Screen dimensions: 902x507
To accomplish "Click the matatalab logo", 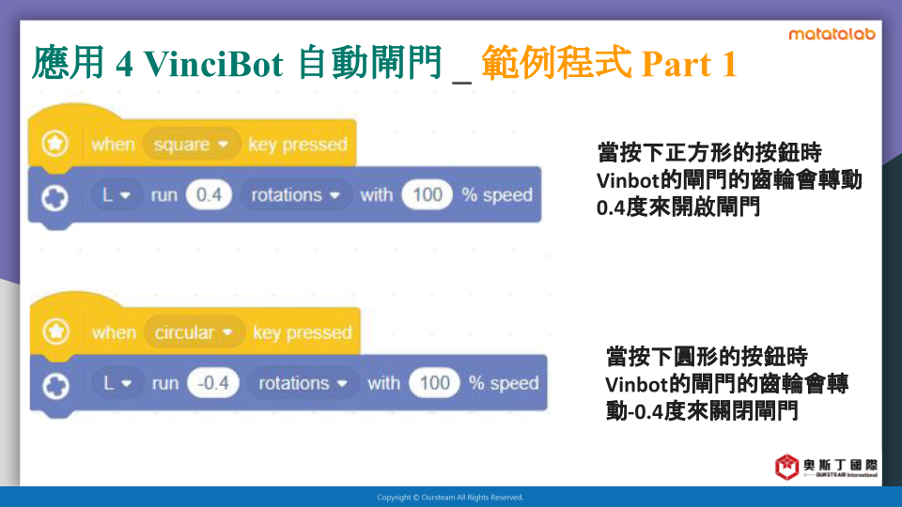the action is coord(832,35).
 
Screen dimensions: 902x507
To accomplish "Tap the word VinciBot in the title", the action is coord(213,63).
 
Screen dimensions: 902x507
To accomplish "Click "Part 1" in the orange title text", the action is coord(689,63).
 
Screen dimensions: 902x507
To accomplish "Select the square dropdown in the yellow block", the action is coord(192,144).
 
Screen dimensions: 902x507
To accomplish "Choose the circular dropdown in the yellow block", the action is coord(194,332).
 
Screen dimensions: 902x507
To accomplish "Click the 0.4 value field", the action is coord(209,195).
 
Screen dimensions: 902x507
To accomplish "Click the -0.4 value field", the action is coord(213,383).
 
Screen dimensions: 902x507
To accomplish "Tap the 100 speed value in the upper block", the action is coord(428,195).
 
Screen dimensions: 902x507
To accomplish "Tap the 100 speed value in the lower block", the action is coord(434,383).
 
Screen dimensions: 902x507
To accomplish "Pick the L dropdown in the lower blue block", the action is coord(117,383).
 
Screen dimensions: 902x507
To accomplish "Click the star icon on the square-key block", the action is coord(55,143).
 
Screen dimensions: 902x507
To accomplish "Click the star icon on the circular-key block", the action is coord(55,331).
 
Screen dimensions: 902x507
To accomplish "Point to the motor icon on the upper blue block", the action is coord(55,198).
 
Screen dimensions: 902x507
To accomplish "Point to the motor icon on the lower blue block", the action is coord(56,386).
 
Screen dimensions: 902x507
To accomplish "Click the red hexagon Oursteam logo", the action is coord(786,467).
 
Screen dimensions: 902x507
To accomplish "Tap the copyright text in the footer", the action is coord(450,498).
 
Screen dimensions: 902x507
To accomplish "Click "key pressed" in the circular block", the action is coord(302,332).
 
